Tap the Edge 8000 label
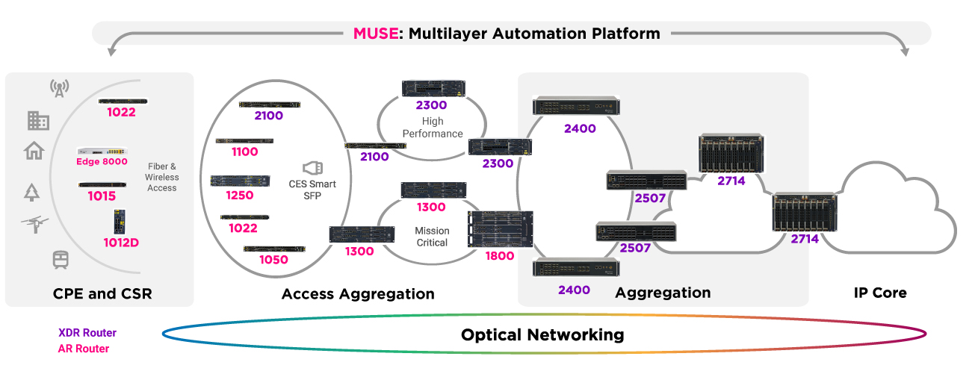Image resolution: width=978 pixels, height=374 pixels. tap(102, 161)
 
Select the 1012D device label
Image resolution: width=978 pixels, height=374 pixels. tap(122, 242)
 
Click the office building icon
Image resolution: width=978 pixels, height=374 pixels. tap(38, 120)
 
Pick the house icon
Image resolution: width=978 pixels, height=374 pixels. tap(34, 152)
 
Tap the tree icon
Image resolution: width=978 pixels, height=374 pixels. tap(31, 193)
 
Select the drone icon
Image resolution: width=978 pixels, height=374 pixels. tap(35, 223)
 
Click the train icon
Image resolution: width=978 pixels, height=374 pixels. tap(61, 259)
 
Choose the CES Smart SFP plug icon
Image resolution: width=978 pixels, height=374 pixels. tap(312, 167)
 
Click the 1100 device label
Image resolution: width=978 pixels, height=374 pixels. tap(244, 152)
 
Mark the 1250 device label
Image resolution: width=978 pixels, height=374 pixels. tap(239, 196)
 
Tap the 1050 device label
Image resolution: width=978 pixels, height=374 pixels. tap(273, 259)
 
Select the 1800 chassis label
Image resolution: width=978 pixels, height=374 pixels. tap(499, 256)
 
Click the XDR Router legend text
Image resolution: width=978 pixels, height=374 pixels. tap(87, 333)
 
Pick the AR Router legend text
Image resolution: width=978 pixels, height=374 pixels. tap(84, 349)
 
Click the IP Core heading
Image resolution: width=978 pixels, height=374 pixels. tap(880, 293)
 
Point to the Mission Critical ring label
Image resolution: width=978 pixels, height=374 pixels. tap(432, 237)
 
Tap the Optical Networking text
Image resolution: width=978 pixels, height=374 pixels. tap(542, 334)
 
